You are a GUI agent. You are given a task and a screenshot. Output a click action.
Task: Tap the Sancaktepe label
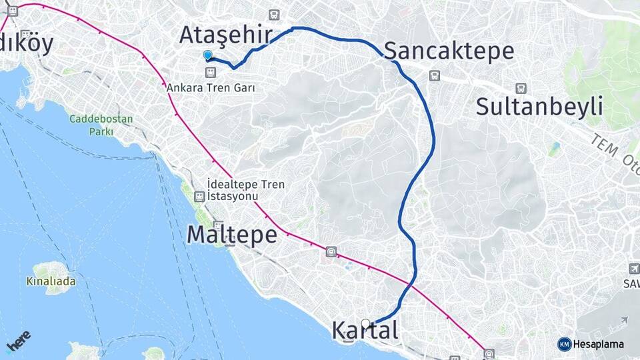[x=449, y=51]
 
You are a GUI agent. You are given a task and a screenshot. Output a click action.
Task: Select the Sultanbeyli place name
[x=539, y=106]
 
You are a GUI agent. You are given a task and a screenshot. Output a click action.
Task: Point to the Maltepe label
[x=231, y=235]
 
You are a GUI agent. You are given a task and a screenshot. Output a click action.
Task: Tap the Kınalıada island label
[x=51, y=281]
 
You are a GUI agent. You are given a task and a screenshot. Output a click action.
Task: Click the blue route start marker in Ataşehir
[x=208, y=56]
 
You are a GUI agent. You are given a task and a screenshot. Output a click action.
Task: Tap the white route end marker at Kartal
[x=365, y=323]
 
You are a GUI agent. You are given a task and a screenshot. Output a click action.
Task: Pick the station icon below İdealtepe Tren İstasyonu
[x=199, y=197]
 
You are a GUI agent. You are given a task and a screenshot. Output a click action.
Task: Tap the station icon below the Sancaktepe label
[x=435, y=76]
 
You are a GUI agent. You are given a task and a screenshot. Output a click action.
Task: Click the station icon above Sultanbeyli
[x=520, y=87]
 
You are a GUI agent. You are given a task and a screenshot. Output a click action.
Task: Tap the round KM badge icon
[x=564, y=344]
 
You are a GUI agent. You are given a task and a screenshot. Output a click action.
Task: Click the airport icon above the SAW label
[x=633, y=268]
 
